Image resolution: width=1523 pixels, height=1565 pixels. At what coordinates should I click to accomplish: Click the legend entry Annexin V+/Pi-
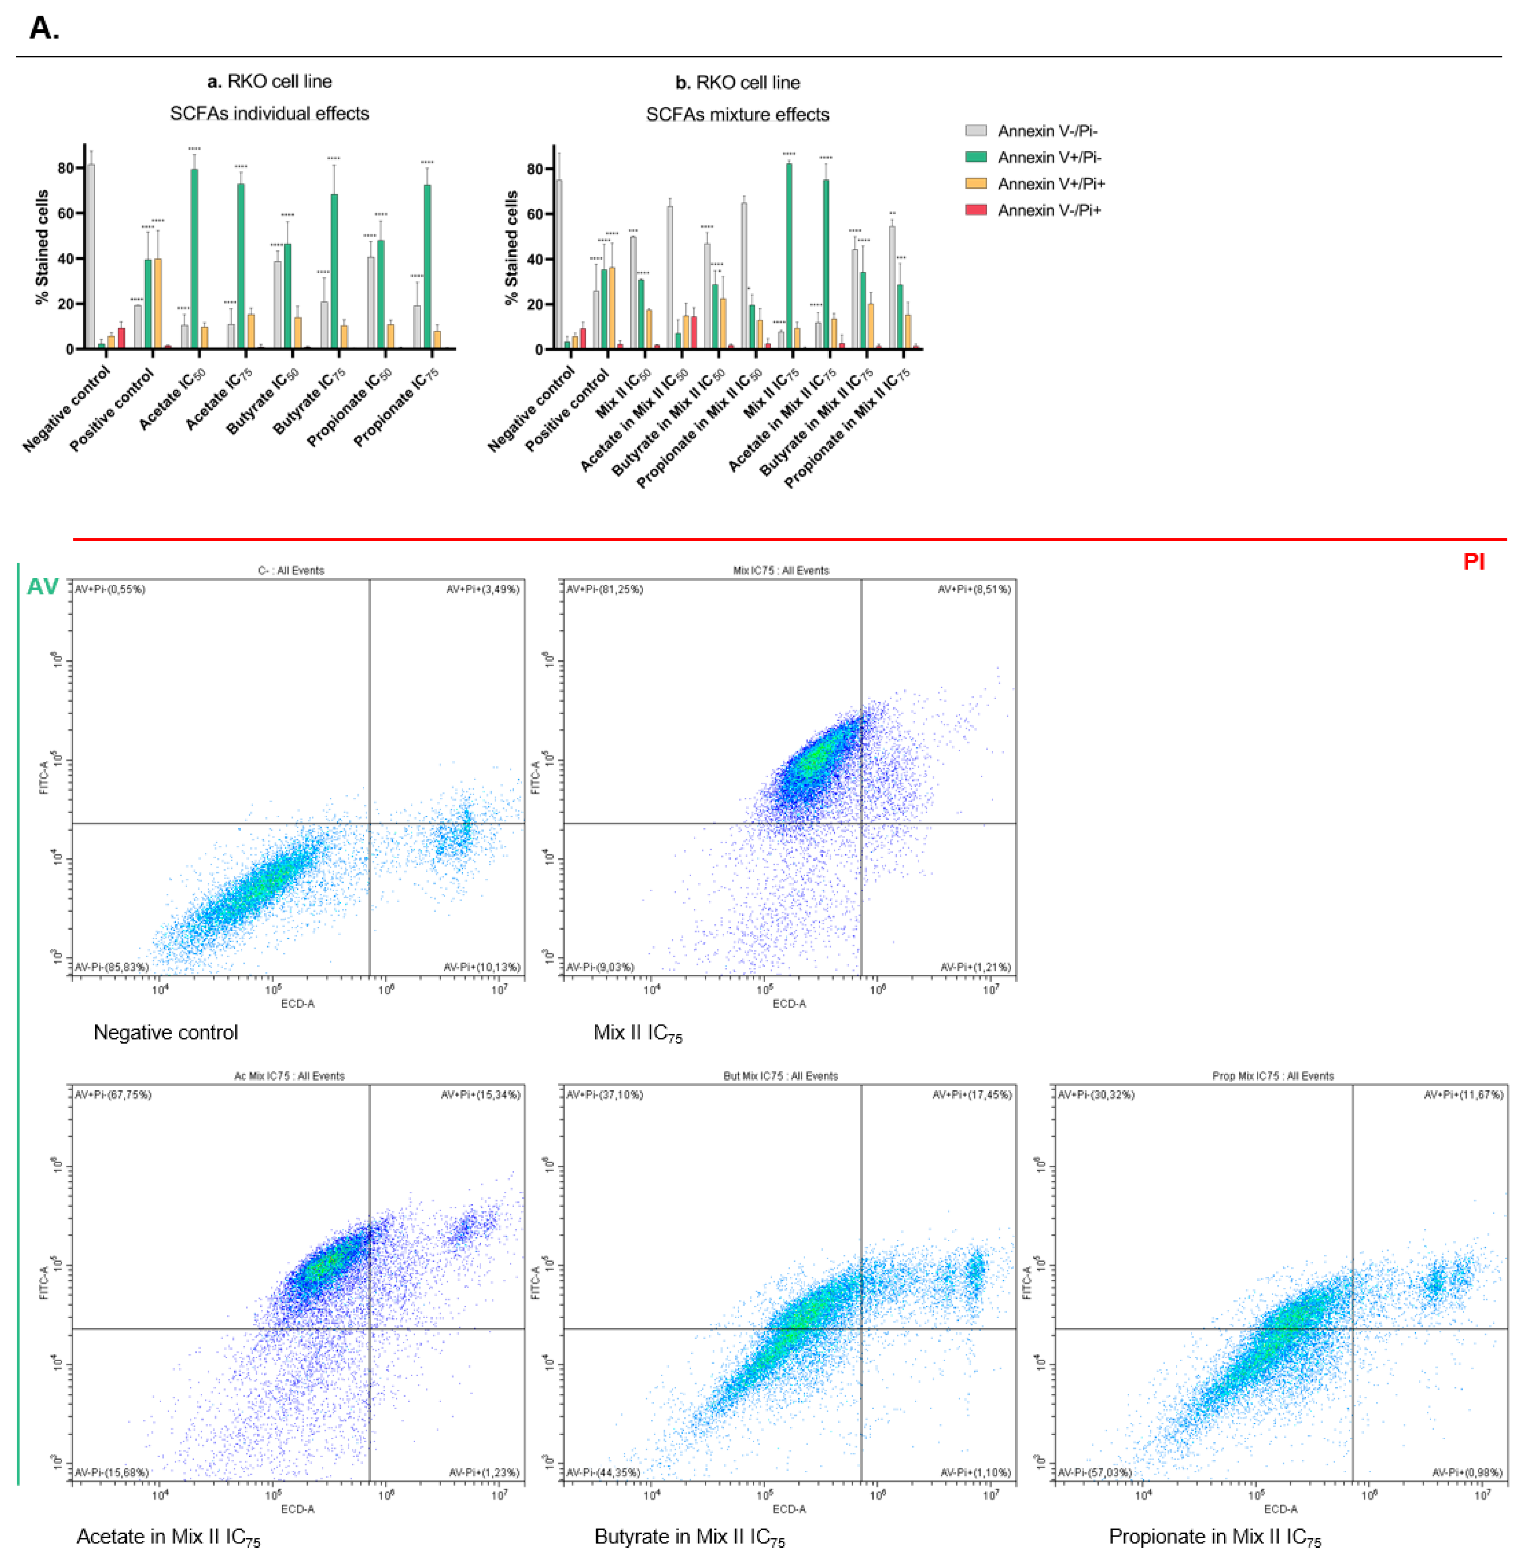pyautogui.click(x=1049, y=158)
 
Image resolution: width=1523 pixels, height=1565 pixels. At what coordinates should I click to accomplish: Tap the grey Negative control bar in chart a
pyautogui.click(x=90, y=256)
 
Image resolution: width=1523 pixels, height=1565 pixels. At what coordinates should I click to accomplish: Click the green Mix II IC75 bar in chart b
pyautogui.click(x=789, y=256)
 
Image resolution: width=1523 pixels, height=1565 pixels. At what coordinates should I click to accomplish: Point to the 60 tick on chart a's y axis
pyautogui.click(x=65, y=214)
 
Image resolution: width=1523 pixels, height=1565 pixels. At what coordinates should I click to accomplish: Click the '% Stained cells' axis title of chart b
pyautogui.click(x=511, y=248)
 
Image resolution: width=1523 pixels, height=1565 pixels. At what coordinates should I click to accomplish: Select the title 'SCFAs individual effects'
pyautogui.click(x=269, y=114)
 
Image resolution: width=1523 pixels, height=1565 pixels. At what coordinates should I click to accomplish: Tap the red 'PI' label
pyautogui.click(x=1473, y=562)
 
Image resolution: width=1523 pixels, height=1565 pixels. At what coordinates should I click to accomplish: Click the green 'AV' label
pyautogui.click(x=42, y=587)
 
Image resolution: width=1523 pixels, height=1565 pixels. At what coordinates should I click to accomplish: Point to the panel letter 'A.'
pyautogui.click(x=44, y=28)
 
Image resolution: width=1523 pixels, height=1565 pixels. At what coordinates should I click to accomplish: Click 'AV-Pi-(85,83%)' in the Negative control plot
pyautogui.click(x=112, y=967)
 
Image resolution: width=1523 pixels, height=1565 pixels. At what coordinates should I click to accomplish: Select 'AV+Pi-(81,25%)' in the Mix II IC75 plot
pyautogui.click(x=605, y=589)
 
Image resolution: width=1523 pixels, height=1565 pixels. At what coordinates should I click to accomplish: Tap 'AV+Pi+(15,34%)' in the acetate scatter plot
pyautogui.click(x=480, y=1095)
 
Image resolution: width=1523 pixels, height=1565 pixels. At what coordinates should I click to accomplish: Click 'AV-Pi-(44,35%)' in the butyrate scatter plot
pyautogui.click(x=603, y=1472)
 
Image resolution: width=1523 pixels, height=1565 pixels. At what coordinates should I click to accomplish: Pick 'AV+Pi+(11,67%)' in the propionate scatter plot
pyautogui.click(x=1463, y=1095)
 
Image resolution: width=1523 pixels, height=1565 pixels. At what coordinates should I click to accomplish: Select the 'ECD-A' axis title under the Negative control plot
pyautogui.click(x=297, y=1004)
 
